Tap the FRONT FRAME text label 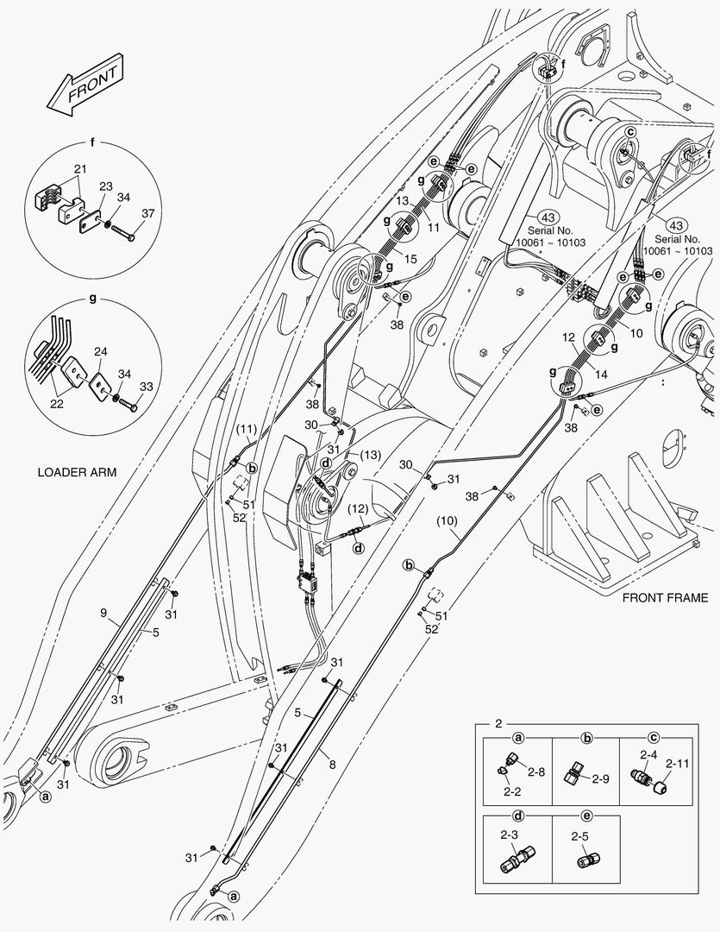(x=665, y=597)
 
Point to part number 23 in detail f (x=106, y=186)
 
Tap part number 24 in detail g (x=101, y=352)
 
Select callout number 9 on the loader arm (x=103, y=614)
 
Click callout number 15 (x=411, y=260)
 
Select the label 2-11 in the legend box (x=678, y=764)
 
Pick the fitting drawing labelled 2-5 (x=589, y=860)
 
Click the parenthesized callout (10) (x=446, y=520)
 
